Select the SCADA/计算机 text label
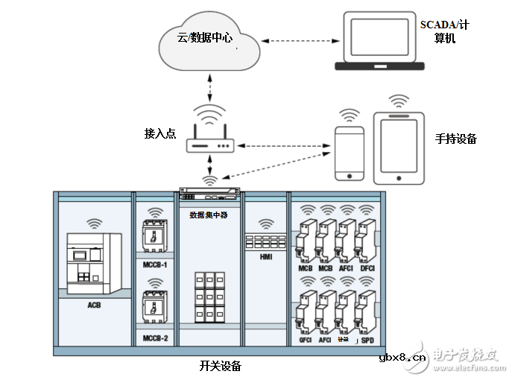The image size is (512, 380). pyautogui.click(x=444, y=31)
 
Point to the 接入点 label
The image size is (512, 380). pyautogui.click(x=159, y=133)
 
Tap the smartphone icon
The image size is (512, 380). pyautogui.click(x=349, y=153)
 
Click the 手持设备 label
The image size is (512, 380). pyautogui.click(x=455, y=139)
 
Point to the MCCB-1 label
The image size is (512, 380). pyautogui.click(x=154, y=265)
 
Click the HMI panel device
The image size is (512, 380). pyautogui.click(x=265, y=242)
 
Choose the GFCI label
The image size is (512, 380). pyautogui.click(x=305, y=340)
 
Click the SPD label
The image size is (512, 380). pyautogui.click(x=367, y=340)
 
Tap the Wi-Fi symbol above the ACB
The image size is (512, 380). pyautogui.click(x=94, y=222)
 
